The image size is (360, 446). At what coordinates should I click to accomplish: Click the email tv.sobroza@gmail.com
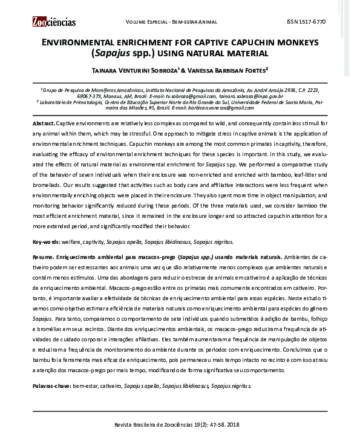pos(188,96)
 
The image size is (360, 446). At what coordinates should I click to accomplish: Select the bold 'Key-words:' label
pos(47,241)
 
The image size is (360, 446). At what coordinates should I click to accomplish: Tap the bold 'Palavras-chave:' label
pos(51,385)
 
